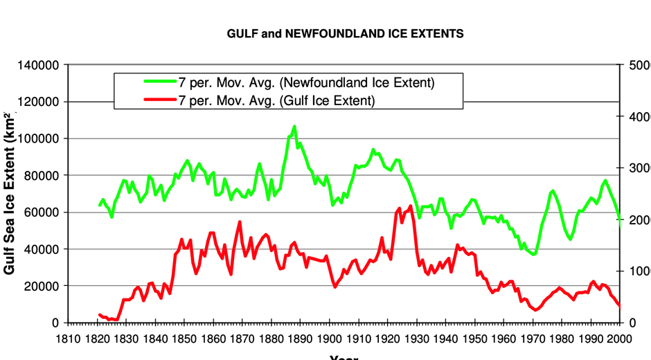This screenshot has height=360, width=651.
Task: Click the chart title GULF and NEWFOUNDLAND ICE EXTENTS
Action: click(345, 33)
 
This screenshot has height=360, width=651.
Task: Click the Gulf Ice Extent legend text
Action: click(276, 101)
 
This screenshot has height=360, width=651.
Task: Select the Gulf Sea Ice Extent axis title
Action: click(10, 201)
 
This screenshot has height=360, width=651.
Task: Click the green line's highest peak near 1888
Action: click(294, 127)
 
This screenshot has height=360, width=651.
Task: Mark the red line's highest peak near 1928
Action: click(411, 206)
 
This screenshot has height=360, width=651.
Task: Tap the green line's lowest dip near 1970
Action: click(533, 255)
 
